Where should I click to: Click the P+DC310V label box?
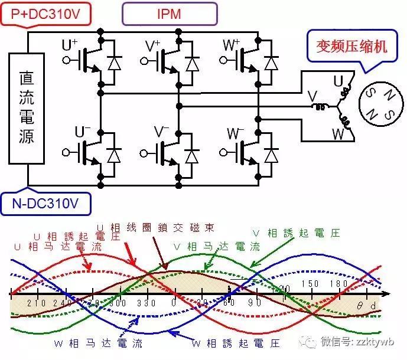tap(47, 13)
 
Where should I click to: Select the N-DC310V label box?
tap(47, 204)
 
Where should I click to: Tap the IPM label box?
tap(170, 13)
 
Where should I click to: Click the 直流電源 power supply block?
tap(27, 108)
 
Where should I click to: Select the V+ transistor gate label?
tap(153, 45)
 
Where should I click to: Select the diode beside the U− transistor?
tap(114, 155)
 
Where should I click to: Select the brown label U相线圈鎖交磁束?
tap(155, 227)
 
